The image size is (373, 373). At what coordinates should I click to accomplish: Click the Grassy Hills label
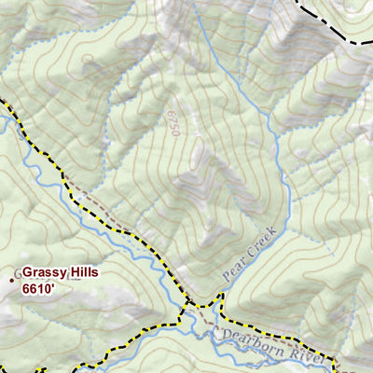tap(60, 272)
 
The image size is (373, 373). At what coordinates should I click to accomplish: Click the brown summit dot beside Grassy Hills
tap(12, 278)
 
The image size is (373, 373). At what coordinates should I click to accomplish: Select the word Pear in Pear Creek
tap(233, 269)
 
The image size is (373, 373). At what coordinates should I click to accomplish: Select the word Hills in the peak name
tap(82, 272)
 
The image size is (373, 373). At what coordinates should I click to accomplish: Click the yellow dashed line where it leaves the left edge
tap(3, 101)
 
